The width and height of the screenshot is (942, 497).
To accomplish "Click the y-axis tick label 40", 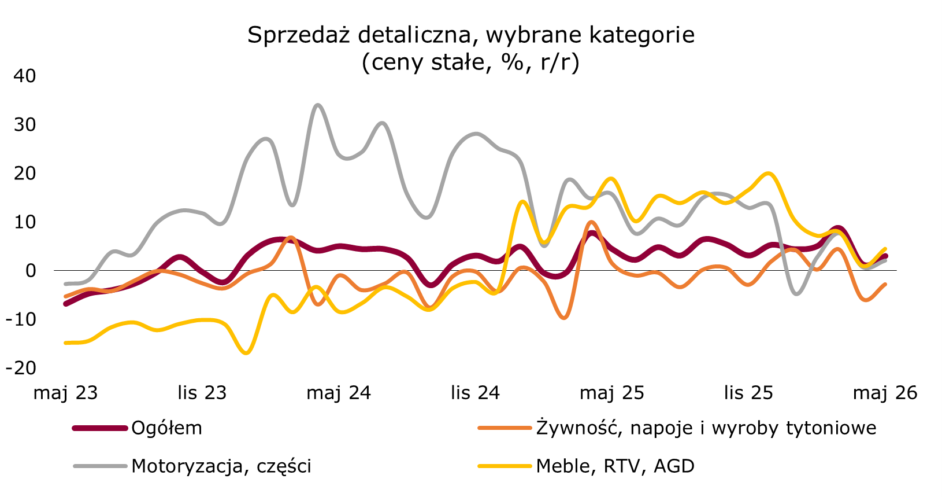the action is point(25,76).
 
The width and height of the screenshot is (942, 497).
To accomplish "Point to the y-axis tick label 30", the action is point(25,124).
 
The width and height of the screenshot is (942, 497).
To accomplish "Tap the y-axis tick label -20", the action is point(21,368).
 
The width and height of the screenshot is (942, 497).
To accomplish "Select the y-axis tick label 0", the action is point(31,271).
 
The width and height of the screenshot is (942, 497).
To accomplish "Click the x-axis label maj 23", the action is point(66,393).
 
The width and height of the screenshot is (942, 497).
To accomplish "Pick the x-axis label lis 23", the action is point(202,393).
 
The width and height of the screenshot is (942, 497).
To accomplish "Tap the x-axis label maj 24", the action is point(339,393).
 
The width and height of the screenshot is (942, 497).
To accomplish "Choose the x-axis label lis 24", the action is point(476,393).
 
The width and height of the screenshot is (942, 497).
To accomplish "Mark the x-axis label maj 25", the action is point(612,393).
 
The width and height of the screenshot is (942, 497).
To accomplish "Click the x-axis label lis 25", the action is point(748,393).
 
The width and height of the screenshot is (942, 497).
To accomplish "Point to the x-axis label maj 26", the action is point(885,393).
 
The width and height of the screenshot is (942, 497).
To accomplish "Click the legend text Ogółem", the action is point(167,428).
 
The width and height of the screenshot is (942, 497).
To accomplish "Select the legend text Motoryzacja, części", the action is point(221,466).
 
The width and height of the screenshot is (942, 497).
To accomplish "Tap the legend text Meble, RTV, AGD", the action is point(615,466).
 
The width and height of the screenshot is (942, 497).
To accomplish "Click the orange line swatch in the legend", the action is point(505,428).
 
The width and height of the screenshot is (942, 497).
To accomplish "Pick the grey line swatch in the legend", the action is point(100,466).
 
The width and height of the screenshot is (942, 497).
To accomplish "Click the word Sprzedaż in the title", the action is point(299,35).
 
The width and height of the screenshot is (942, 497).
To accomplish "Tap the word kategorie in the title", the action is point(641,35).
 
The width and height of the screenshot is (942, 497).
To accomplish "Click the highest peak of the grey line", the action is point(317,105).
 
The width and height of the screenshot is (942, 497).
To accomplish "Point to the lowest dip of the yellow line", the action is point(246,352).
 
